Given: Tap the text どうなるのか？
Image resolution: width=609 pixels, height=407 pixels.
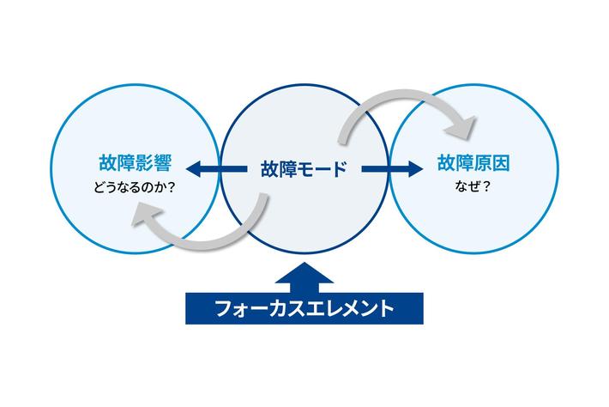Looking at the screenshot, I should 132,189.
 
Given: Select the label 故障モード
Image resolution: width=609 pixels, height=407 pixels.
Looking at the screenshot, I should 304,168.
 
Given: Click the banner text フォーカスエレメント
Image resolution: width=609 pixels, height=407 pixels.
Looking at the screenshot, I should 304,307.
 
